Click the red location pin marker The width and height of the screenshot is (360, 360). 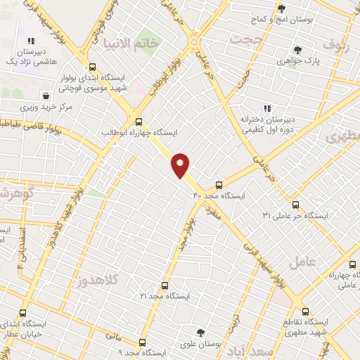pos(181,165)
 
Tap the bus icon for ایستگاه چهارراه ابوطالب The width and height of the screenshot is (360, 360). pos(139,121)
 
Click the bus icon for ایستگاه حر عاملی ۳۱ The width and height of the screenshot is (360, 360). pos(295,204)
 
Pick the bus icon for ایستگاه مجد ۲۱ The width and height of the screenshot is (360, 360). pos(165,285)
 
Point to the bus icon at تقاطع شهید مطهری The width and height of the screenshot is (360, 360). pos(304,310)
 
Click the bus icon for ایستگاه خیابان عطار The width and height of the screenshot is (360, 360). pos(23,313)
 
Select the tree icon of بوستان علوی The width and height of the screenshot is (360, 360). pos(201,332)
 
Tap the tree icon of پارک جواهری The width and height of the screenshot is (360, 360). pos(298,50)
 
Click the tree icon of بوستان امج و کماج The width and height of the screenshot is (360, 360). pos(281,8)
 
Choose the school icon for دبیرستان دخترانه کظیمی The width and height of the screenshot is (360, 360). pos(266,108)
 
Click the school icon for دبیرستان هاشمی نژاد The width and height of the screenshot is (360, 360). pos(31,41)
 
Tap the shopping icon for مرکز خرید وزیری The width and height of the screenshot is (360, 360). pos(45,95)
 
